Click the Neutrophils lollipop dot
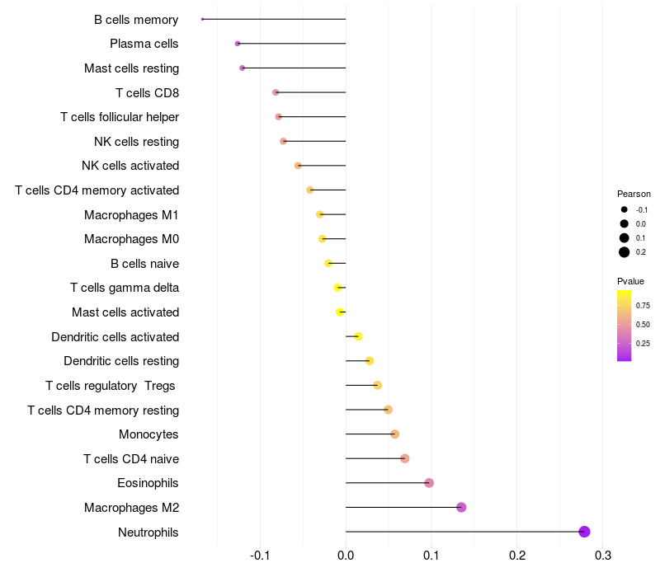pos(584,532)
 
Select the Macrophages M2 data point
pos(461,507)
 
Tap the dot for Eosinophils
pos(429,483)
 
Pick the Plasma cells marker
pos(238,43)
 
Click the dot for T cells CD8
pos(276,92)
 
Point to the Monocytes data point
pos(394,434)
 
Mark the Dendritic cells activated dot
pos(358,336)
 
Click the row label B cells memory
pos(136,19)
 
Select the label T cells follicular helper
pos(120,117)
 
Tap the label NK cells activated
pos(130,166)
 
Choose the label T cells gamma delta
pos(125,288)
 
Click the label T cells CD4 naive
pos(131,459)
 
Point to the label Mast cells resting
pos(132,68)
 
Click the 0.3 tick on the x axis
pos(603,556)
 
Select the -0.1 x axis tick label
pos(261,556)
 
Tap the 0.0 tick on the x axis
pos(346,556)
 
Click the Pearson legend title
pos(634,194)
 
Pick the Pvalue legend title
pos(631,281)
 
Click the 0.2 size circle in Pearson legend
pos(625,252)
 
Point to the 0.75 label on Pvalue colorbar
pos(643,305)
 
